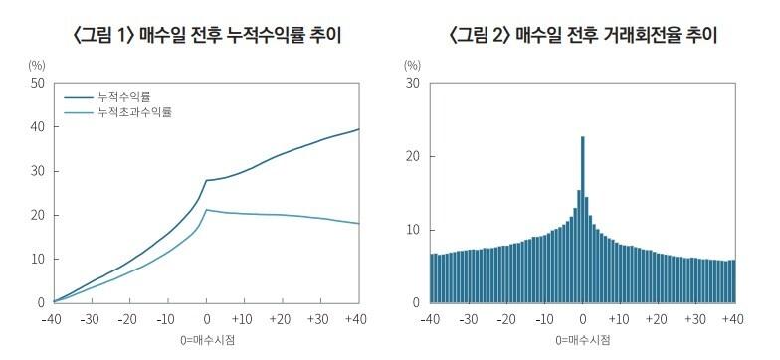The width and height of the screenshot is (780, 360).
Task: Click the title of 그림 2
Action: pos(584,36)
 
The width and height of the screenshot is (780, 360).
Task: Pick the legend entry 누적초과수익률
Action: pos(133,113)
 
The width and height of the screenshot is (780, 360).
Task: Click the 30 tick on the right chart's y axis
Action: pos(411,84)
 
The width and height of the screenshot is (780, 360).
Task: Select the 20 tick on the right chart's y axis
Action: pos(411,157)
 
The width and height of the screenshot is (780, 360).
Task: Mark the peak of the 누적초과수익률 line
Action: pos(206,210)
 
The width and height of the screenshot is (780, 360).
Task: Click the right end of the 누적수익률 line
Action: pos(358,129)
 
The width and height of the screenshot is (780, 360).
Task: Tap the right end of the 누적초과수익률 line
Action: pos(358,223)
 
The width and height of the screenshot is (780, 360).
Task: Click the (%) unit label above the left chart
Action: pos(37,65)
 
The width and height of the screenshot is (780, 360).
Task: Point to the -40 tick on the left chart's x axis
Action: pos(52,319)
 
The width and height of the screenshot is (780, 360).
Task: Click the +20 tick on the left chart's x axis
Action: pos(282,319)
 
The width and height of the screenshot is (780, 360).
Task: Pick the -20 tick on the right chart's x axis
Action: pos(505,319)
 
